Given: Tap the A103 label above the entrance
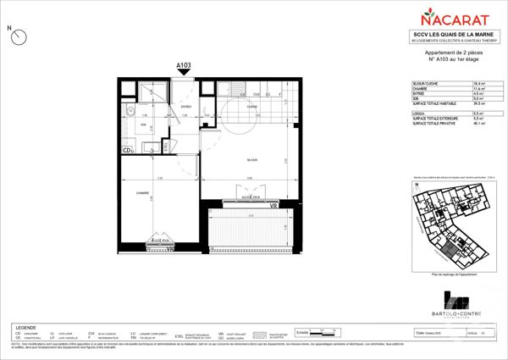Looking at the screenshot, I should [x=184, y=65].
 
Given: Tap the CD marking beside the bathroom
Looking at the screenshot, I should [x=127, y=152].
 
